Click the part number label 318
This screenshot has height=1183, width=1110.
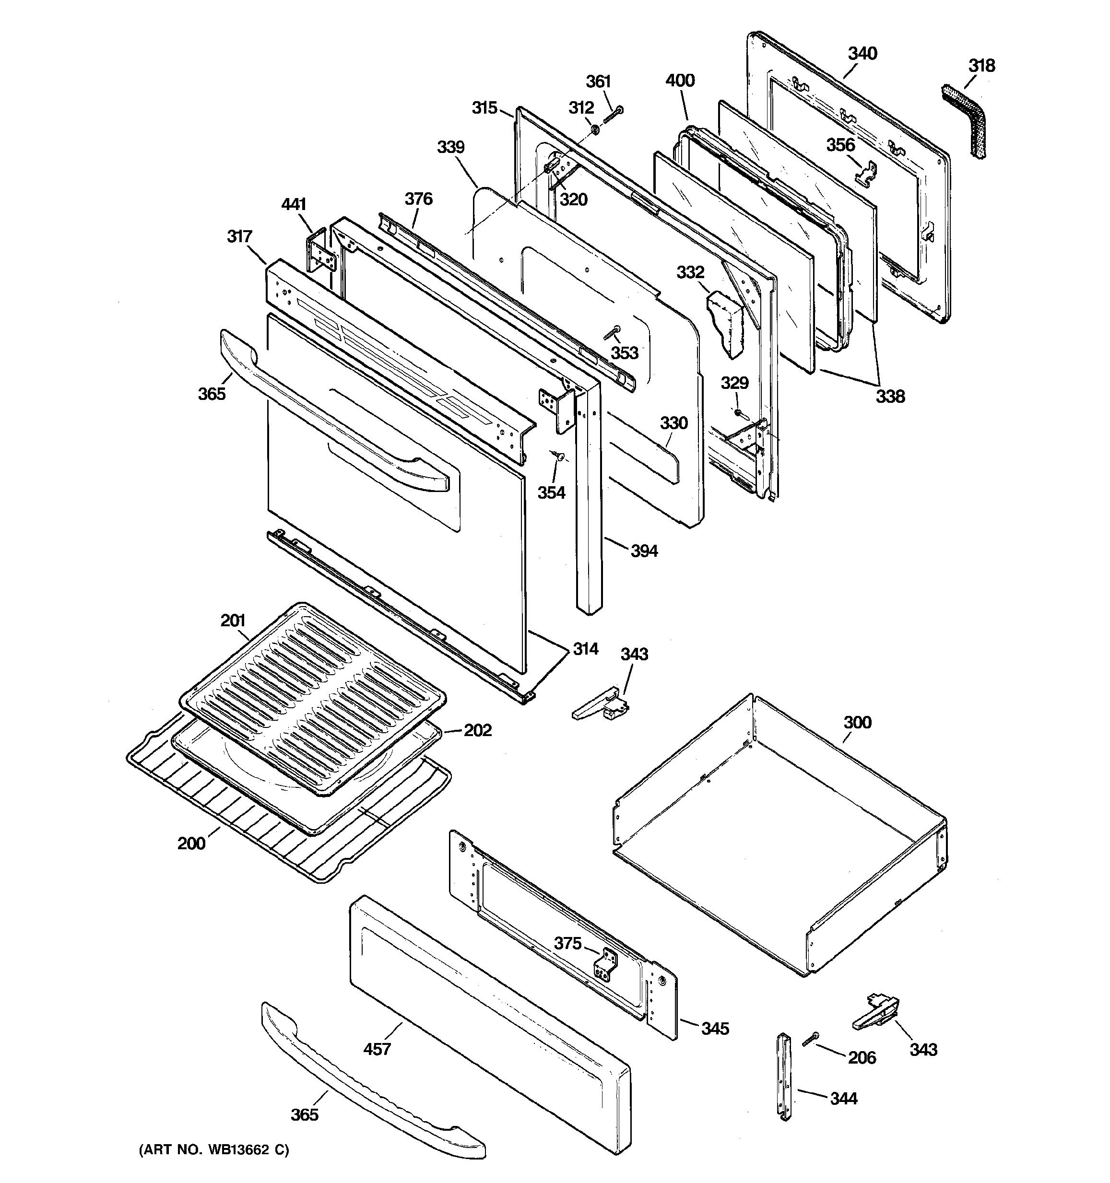[x=981, y=66]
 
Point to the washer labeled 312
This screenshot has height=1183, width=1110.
[x=594, y=129]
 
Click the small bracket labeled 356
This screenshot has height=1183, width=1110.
[x=867, y=173]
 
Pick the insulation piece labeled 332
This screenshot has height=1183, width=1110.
[x=726, y=326]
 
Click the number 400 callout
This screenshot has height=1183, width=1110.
[x=680, y=81]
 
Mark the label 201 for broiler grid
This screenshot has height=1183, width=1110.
[x=233, y=621]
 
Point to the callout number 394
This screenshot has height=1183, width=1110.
[x=644, y=551]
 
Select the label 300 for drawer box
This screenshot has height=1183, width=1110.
[x=857, y=723]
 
